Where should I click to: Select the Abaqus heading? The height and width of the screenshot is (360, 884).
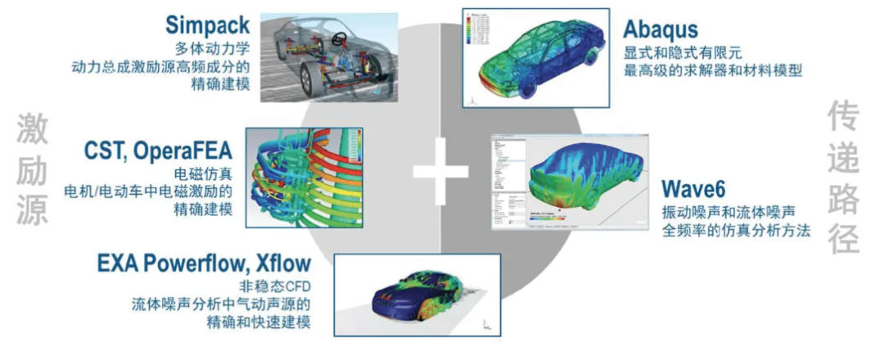coord(661,30)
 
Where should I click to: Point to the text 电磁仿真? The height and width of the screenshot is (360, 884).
coord(205,173)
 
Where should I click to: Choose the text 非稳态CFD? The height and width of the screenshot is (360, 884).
coord(276,286)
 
